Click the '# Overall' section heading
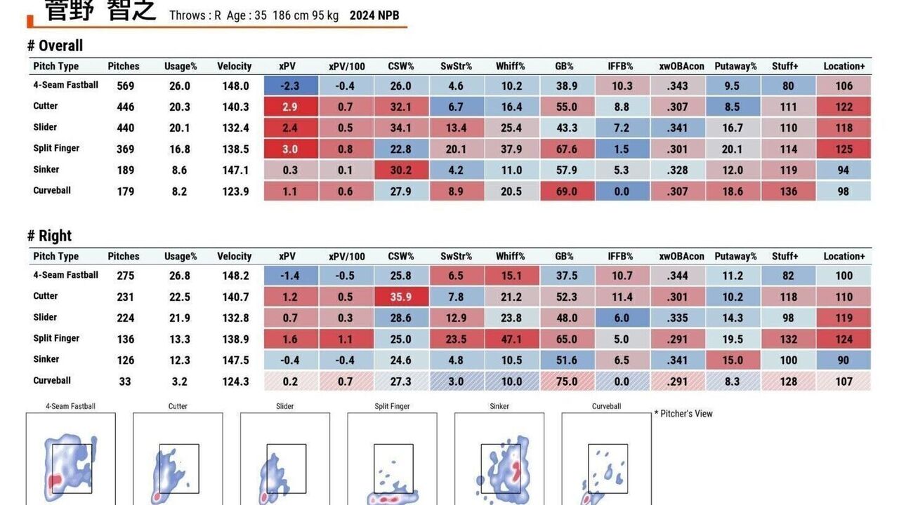click(55, 46)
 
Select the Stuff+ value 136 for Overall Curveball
click(788, 191)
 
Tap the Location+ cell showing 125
click(844, 149)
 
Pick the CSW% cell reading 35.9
click(400, 297)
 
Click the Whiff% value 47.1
click(511, 339)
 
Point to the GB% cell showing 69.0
click(566, 191)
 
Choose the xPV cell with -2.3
click(290, 86)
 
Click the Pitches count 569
click(121, 86)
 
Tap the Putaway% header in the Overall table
click(735, 67)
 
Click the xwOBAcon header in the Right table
click(681, 257)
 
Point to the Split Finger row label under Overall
click(56, 149)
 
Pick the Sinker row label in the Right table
click(46, 359)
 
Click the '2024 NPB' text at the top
click(374, 15)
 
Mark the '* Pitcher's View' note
click(683, 414)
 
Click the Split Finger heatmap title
click(392, 406)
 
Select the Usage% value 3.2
click(179, 382)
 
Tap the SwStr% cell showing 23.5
click(456, 339)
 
